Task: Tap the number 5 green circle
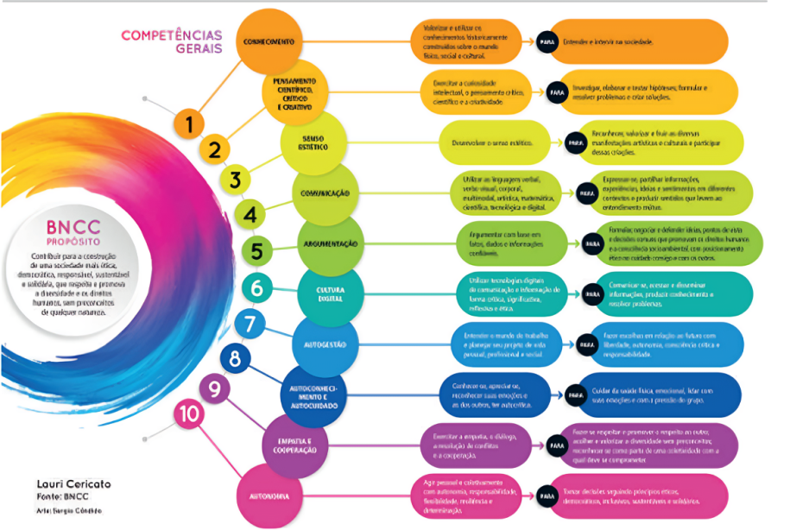click(256, 251)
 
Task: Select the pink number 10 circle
click(188, 415)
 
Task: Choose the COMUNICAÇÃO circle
click(325, 193)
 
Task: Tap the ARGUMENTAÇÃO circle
click(330, 244)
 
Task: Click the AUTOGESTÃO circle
click(325, 345)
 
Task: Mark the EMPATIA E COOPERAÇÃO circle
click(295, 445)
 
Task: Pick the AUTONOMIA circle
click(269, 496)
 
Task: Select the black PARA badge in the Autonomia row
click(547, 496)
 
